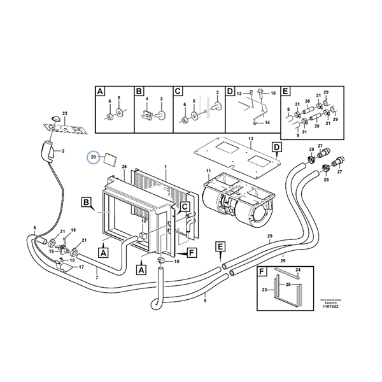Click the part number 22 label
[64, 113]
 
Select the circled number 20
[94, 157]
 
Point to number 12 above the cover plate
[250, 138]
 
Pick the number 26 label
[124, 167]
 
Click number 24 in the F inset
[297, 270]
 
